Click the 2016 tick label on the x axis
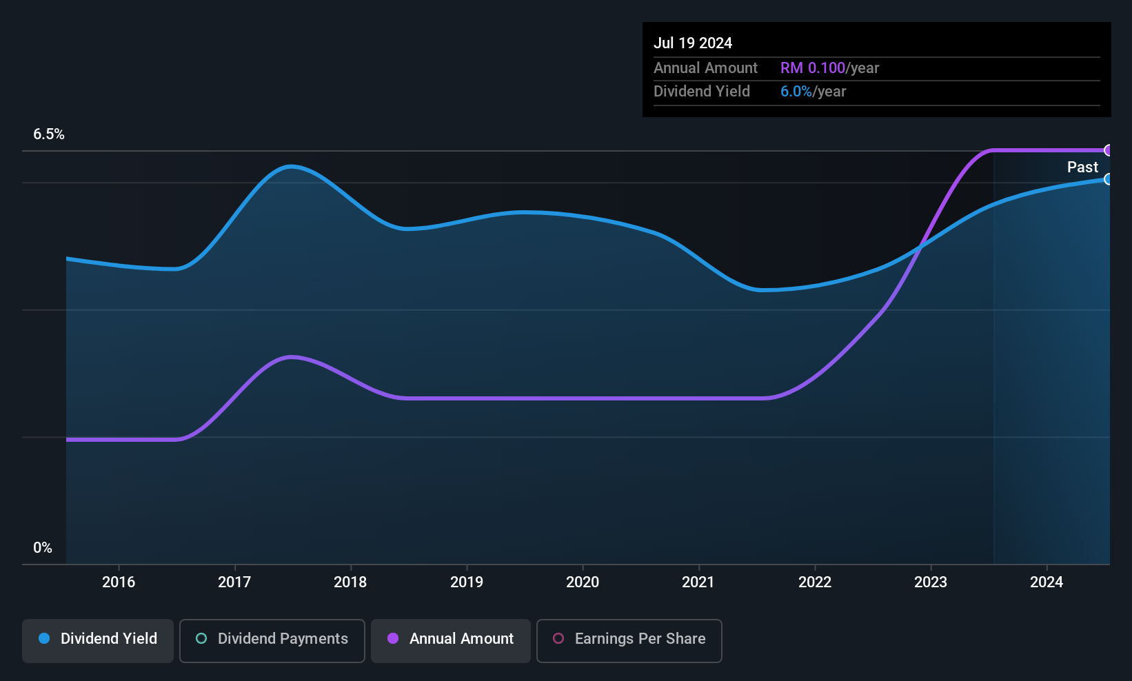[119, 582]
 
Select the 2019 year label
[467, 582]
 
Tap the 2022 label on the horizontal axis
[815, 582]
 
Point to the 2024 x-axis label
[1047, 582]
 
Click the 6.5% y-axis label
[49, 134]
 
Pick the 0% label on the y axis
[43, 548]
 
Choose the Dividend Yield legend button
[97, 640]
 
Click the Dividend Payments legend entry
[272, 640]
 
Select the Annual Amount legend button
[451, 640]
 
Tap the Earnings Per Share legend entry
[629, 640]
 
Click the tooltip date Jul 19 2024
[693, 43]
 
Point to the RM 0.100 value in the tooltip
[813, 68]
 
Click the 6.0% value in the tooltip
[796, 92]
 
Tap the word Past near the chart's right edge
[1082, 167]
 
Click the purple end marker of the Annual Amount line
[1108, 150]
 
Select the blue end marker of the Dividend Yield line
[1108, 179]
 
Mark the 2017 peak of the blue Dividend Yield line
[292, 166]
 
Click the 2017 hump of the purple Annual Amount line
[292, 357]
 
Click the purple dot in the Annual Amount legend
[393, 638]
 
